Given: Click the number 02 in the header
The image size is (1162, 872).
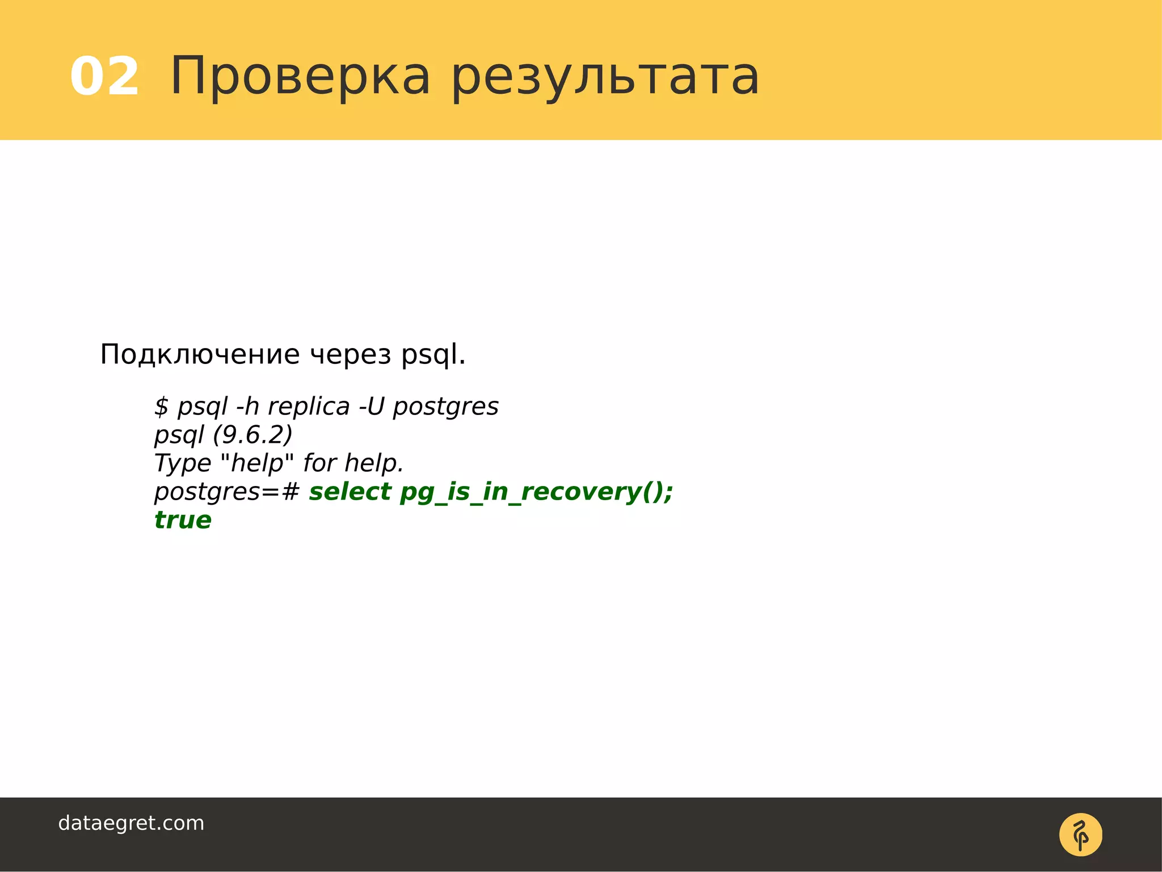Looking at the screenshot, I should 104,76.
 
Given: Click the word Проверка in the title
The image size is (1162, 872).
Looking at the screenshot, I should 300,76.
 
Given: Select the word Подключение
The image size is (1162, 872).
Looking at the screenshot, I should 200,355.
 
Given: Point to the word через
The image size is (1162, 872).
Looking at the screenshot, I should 351,355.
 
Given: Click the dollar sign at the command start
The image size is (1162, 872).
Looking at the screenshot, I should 162,406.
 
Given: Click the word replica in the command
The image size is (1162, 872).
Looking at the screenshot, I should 309,406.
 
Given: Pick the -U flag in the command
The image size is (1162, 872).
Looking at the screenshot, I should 372,406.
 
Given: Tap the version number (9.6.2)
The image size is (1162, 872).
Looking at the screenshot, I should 252,435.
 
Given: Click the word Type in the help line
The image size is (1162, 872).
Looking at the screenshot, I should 183,463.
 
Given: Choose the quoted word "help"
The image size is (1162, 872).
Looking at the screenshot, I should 256,463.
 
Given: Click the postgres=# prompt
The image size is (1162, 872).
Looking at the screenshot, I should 226,492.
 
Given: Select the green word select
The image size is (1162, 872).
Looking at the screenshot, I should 350,492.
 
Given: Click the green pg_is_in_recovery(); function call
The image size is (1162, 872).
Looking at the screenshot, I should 536,492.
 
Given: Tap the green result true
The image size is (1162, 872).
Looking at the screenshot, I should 183,520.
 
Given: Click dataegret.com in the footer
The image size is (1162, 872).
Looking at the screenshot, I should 131,823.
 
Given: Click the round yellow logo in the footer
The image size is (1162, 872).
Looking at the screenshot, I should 1080,835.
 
